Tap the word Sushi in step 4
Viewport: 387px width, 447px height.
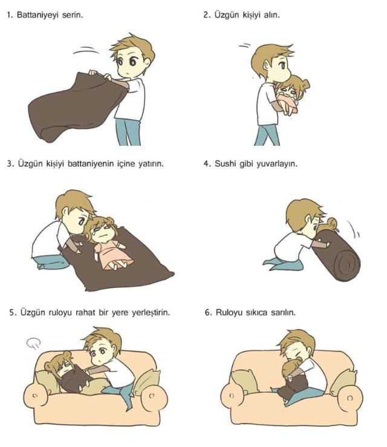[226, 164]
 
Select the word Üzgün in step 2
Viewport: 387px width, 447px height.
[227, 15]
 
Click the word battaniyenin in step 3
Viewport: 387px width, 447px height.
[91, 164]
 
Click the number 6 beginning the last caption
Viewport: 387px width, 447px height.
[208, 313]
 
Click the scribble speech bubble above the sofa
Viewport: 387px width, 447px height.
[34, 343]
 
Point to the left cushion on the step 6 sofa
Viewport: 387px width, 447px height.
[245, 382]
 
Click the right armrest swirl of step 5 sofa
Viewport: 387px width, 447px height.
[152, 396]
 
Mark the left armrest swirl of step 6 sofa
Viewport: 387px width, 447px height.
[232, 396]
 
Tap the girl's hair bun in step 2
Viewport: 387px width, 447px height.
[305, 85]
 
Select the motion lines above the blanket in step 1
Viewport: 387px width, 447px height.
[86, 50]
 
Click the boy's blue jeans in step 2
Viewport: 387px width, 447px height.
[267, 135]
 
